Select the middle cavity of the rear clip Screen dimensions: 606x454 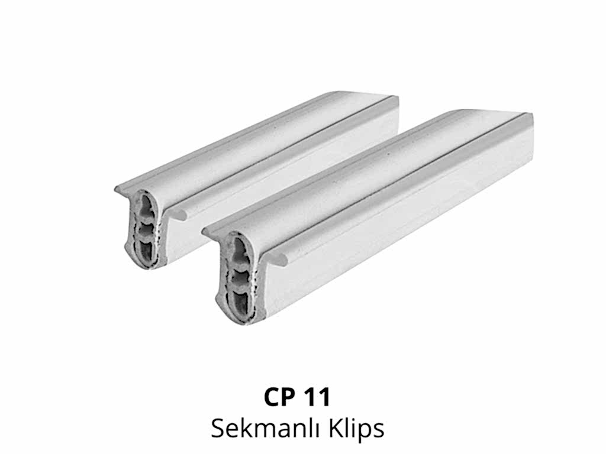pyautogui.click(x=147, y=230)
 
